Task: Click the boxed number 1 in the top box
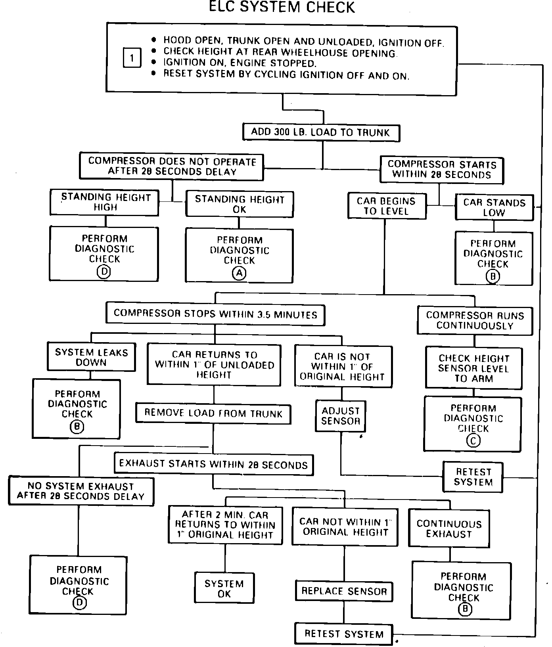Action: tap(132, 58)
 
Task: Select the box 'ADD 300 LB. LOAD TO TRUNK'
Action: tap(321, 132)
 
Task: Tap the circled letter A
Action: tap(239, 273)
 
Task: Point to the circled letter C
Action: tap(473, 440)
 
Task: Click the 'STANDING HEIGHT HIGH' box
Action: tap(105, 202)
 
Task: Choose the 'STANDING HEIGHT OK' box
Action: tap(240, 204)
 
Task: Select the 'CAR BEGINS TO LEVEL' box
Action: tap(387, 206)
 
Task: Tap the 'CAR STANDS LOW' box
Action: tap(494, 207)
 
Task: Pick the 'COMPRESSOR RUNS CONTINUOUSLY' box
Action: tap(475, 320)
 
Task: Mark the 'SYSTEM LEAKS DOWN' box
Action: tap(91, 357)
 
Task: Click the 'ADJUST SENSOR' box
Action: tap(341, 416)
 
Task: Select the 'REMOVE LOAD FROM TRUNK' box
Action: tap(213, 413)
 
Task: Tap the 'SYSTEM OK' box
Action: tap(224, 588)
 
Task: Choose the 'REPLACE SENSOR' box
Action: tap(344, 591)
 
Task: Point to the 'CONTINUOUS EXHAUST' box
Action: tap(449, 528)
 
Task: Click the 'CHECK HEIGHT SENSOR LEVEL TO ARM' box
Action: tap(474, 368)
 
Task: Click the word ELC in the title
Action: tap(224, 7)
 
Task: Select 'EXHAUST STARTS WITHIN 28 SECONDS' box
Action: tap(213, 464)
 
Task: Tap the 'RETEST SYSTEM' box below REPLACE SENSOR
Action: tap(344, 634)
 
